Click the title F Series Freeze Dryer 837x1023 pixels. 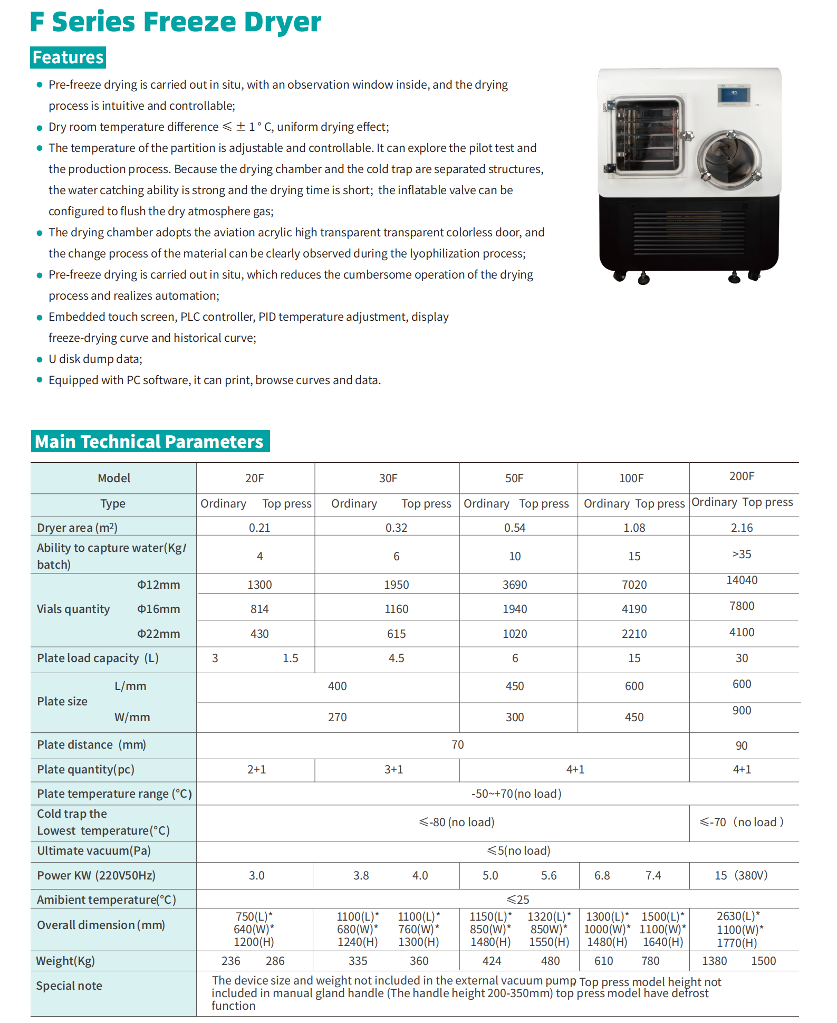click(175, 22)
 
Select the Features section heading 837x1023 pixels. click(68, 58)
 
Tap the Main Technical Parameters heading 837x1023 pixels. click(149, 442)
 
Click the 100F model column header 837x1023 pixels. click(631, 478)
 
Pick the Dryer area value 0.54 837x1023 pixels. click(515, 528)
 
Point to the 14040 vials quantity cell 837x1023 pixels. click(742, 580)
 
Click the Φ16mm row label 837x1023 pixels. click(158, 609)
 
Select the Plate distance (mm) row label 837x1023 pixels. click(91, 744)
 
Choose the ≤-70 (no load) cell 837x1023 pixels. click(741, 822)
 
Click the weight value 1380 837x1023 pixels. click(714, 961)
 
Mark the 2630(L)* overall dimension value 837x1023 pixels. click(738, 916)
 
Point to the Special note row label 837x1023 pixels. click(69, 986)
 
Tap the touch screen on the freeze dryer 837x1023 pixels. click(733, 94)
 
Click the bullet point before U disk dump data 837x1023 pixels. click(39, 359)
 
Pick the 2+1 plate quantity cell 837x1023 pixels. click(256, 769)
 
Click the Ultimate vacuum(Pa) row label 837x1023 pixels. click(94, 850)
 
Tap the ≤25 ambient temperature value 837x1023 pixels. click(517, 900)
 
